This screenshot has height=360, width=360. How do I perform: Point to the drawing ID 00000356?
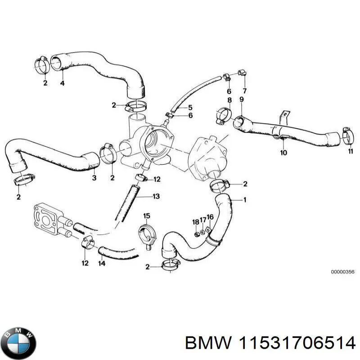pos(343,272)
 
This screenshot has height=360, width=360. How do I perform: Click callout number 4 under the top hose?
pos(62,83)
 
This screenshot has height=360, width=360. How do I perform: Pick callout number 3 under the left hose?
pos(94,178)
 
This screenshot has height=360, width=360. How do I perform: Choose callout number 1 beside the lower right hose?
pos(245,199)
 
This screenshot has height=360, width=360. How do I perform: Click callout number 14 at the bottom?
pos(102,263)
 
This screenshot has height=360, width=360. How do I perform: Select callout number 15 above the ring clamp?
pos(146,216)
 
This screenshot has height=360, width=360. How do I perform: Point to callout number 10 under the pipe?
pos(283,153)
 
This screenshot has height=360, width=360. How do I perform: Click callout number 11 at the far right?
pos(351,152)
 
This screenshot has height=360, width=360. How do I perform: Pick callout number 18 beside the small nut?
pos(195,222)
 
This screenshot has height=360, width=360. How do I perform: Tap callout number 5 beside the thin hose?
pos(190,107)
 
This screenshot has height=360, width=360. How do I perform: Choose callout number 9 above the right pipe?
pos(242,99)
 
